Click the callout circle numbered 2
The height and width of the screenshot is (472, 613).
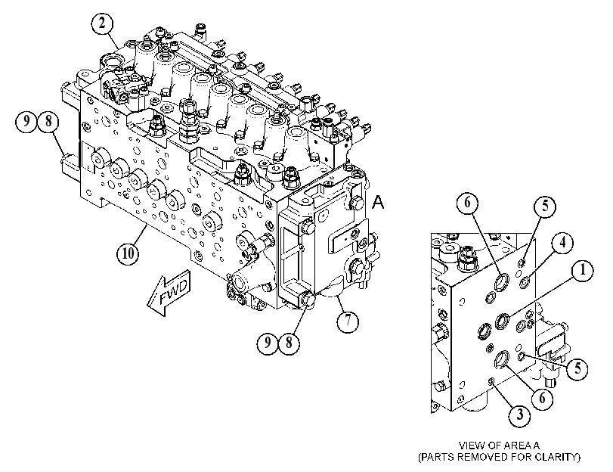(103, 23)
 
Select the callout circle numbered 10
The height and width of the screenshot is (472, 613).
(128, 253)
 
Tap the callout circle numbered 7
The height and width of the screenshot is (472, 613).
(348, 321)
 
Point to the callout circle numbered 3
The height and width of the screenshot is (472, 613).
(520, 415)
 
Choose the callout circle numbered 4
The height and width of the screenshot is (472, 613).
(562, 243)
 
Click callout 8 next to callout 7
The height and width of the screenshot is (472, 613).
(289, 343)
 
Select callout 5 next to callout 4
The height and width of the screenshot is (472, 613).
(546, 206)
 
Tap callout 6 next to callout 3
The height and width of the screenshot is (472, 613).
(542, 398)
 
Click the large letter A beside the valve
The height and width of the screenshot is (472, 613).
(378, 203)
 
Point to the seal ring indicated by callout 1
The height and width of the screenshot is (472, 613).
(503, 321)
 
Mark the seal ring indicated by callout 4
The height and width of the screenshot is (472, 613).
(525, 281)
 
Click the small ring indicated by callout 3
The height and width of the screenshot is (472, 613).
(492, 380)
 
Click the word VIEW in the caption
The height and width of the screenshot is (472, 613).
(469, 446)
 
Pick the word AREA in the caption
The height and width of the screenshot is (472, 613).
(518, 446)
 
